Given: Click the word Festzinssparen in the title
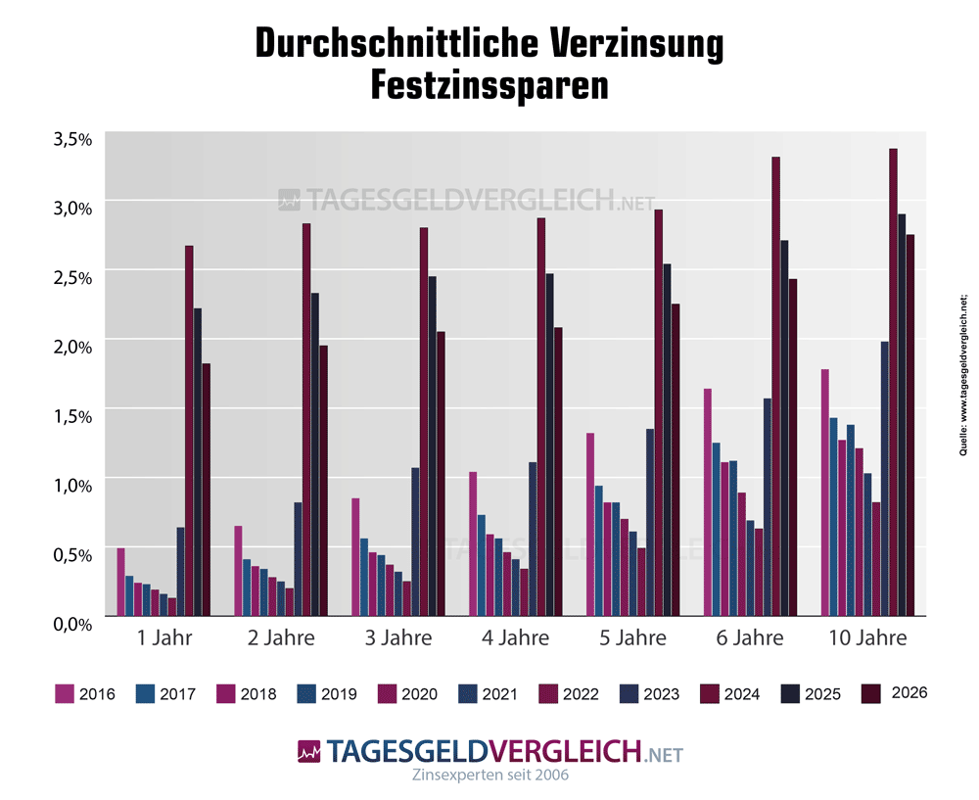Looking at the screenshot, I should click(489, 85).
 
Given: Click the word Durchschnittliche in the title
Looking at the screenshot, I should click(387, 44).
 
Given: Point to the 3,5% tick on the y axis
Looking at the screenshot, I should click(71, 139).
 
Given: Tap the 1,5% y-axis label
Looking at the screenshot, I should click(71, 415).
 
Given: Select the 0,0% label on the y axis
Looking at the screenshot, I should click(71, 623).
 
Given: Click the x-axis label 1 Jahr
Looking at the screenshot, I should click(164, 638).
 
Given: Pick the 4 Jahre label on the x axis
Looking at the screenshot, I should click(515, 638).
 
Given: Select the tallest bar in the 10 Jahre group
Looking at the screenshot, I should click(893, 382).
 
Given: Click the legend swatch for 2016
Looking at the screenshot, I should click(65, 694).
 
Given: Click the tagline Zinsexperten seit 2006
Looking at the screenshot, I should click(489, 775).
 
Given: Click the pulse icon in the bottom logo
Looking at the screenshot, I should click(308, 752).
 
